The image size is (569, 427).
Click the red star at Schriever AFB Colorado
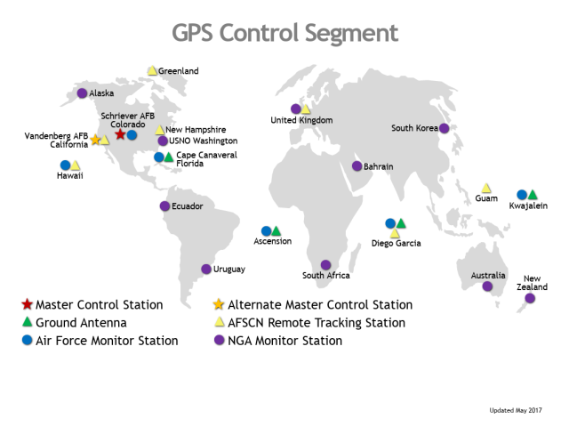120,134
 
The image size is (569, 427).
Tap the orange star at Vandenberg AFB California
95,140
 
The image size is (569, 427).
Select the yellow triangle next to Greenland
152,70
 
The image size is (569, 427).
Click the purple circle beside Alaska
82,93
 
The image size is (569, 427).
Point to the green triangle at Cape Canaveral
168,157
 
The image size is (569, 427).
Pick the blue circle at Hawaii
65,165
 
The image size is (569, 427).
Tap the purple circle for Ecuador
164,206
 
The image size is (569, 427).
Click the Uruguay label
229,270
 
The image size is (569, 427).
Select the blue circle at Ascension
266,231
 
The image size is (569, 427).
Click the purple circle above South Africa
326,265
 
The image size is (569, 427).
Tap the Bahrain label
379,166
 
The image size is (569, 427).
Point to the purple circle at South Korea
445,128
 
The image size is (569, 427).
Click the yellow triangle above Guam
486,188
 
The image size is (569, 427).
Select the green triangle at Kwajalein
533,195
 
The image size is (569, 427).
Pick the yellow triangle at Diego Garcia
395,233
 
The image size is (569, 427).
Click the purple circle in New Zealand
530,299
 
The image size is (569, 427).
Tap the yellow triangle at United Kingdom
306,109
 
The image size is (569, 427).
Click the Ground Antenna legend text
81,323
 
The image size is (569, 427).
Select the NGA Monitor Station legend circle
220,340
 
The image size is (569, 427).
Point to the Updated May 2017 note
516,410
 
